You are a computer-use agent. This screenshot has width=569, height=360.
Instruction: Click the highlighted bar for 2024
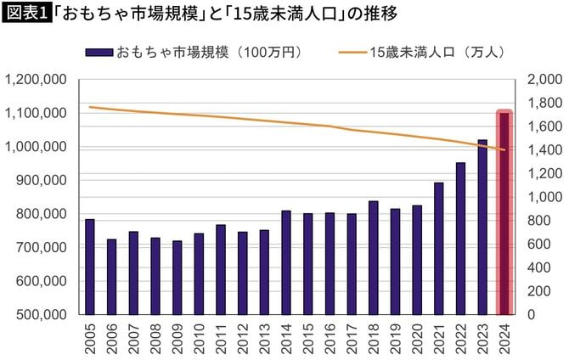pyautogui.click(x=504, y=212)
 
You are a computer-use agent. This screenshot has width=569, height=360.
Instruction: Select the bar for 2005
pyautogui.click(x=90, y=267)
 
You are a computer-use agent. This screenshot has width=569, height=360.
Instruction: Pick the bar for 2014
pyautogui.click(x=286, y=262)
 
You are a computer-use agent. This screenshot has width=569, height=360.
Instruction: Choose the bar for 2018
pyautogui.click(x=374, y=257)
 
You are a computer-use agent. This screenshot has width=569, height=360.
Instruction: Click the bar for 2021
pyautogui.click(x=439, y=248)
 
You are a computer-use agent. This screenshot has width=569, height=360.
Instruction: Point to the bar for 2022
pyautogui.click(x=461, y=238)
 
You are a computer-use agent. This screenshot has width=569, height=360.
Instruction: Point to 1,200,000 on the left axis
pyautogui.click(x=37, y=80)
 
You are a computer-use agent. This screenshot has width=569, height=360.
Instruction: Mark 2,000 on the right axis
pyautogui.click(x=542, y=80)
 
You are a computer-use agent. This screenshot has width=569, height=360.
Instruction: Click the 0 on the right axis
pyautogui.click(x=532, y=315)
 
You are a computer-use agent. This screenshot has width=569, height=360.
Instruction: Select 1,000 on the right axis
pyautogui.click(x=542, y=197)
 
